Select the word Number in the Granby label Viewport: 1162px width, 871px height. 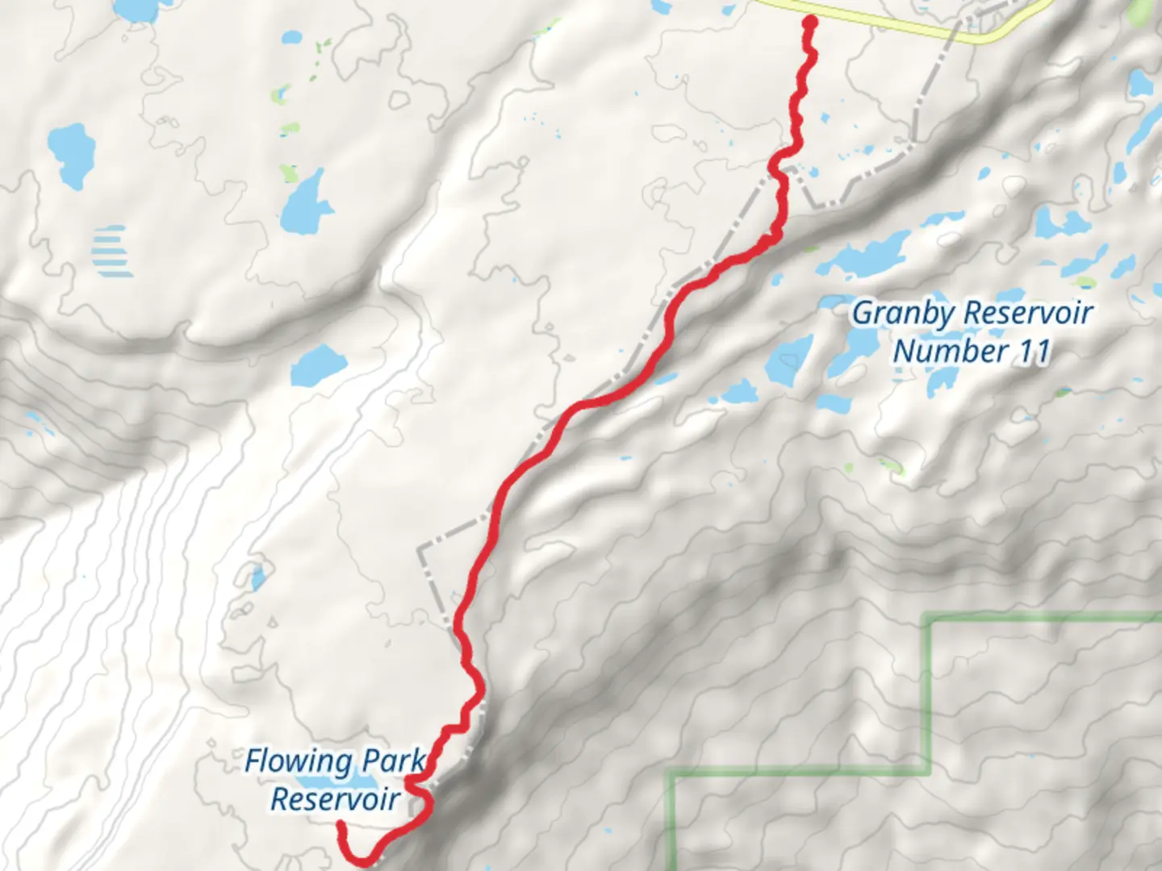949,351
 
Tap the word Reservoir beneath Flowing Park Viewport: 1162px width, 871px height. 334,798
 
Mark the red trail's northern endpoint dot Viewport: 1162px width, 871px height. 808,22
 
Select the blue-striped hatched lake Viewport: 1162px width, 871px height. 111,250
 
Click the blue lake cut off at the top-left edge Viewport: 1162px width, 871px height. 137,8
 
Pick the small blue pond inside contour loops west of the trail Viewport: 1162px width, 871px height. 257,577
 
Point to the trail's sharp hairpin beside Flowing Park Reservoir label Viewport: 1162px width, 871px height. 413,781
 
